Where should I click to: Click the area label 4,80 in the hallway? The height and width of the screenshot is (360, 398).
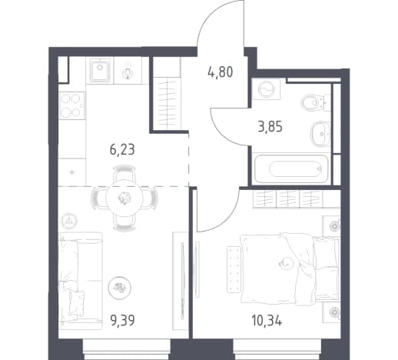click(x=221, y=72)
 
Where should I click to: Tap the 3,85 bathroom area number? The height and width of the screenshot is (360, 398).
click(x=270, y=127)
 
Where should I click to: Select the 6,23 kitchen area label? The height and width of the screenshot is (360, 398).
click(x=122, y=150)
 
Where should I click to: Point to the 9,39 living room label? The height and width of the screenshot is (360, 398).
click(x=122, y=320)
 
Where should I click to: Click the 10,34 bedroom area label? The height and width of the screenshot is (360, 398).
click(x=267, y=321)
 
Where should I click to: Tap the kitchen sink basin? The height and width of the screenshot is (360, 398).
click(x=100, y=70)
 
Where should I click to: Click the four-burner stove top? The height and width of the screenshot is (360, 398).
click(x=72, y=105)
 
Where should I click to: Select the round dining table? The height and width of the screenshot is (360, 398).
click(x=124, y=198)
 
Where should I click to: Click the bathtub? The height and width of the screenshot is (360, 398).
click(x=291, y=168)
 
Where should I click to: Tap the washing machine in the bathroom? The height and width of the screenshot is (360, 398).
click(x=266, y=89)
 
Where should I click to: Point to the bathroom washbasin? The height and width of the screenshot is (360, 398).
click(x=320, y=134)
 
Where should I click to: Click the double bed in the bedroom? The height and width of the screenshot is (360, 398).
click(x=290, y=269)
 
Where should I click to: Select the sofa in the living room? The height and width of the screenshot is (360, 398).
click(x=81, y=281)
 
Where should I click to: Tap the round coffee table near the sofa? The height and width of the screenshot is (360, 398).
click(x=119, y=288)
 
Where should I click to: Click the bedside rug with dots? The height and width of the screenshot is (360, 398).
click(x=234, y=269)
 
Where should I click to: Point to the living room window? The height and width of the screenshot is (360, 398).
click(x=127, y=349)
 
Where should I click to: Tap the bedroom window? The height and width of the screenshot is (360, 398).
click(x=277, y=349)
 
